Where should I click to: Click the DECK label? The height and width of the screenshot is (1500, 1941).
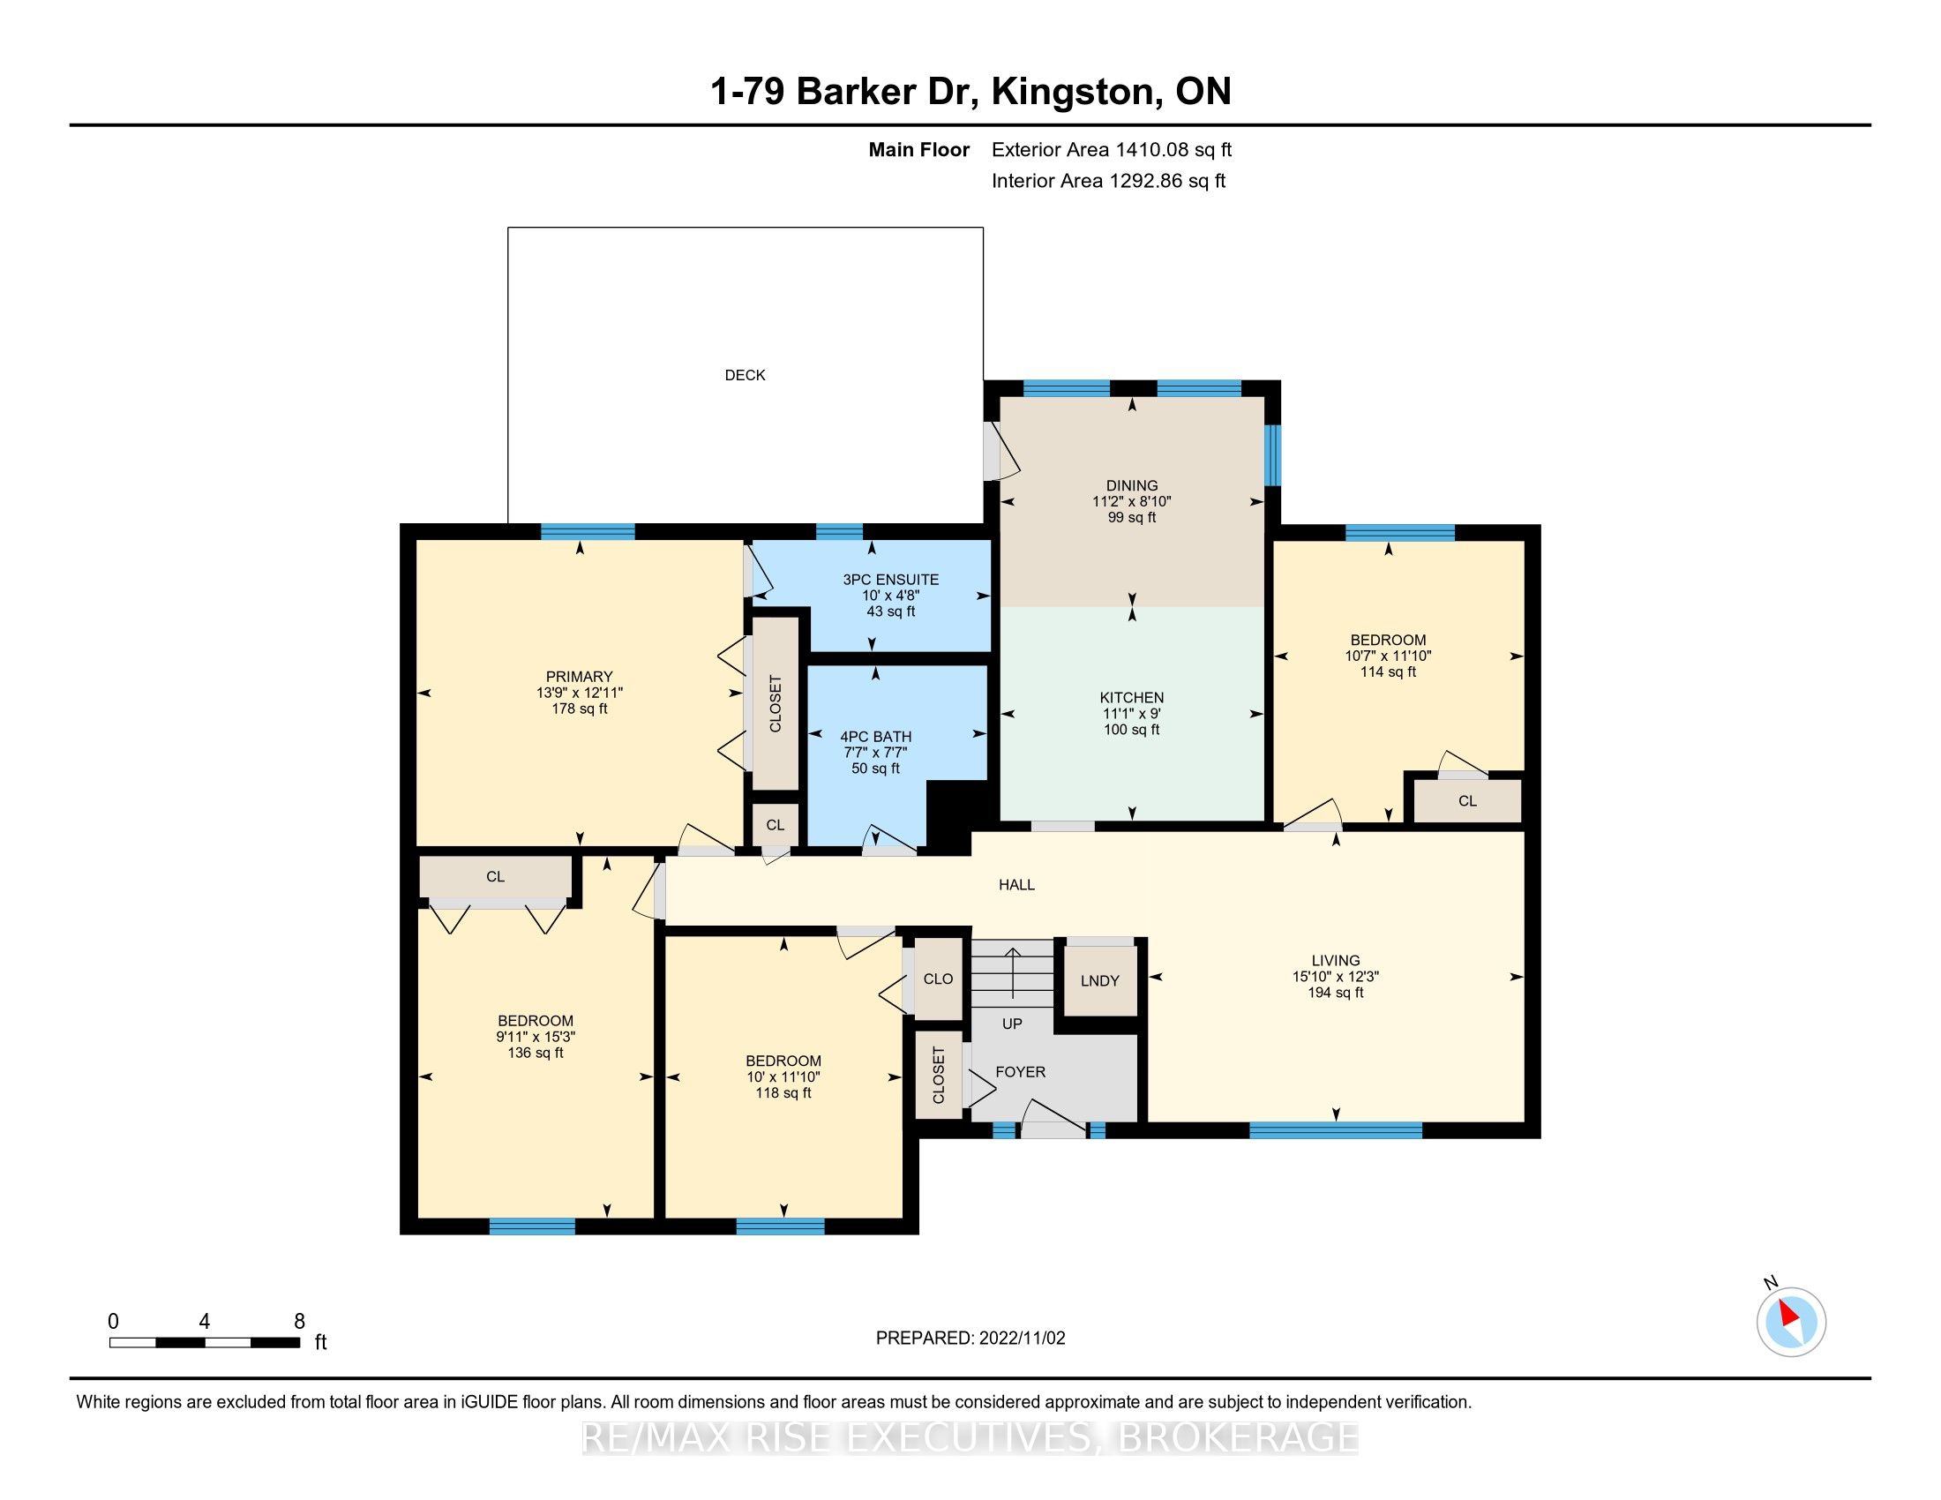[x=745, y=375]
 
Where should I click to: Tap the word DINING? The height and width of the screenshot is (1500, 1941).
[x=1131, y=485]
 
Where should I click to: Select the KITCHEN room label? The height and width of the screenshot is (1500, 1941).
[x=1131, y=698]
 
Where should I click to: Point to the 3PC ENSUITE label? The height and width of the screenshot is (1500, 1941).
[x=890, y=580]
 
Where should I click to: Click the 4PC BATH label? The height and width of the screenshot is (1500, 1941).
[x=875, y=737]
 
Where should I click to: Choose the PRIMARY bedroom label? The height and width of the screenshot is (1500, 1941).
[x=580, y=677]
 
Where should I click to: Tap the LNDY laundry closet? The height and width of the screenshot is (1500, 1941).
[x=1100, y=980]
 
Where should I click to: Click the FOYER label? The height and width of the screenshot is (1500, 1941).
[x=1020, y=1072]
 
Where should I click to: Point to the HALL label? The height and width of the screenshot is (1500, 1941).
[x=1016, y=884]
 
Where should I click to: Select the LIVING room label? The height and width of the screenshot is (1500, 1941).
[x=1336, y=960]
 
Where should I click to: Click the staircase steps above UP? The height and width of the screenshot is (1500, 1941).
[x=1012, y=976]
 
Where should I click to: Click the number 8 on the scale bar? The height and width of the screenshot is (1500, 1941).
[x=299, y=1321]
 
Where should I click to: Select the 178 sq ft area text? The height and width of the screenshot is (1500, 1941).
[x=580, y=709]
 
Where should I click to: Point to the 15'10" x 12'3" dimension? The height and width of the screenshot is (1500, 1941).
[x=1336, y=976]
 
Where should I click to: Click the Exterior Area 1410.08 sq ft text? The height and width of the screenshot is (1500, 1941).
[x=1112, y=150]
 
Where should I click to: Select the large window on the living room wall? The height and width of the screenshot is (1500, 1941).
[x=1336, y=1130]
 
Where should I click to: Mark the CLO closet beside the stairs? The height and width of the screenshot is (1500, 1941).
[x=938, y=979]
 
